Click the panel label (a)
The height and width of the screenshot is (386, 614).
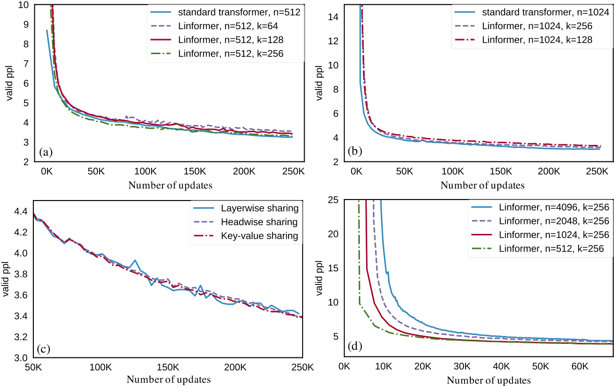pos(46,152)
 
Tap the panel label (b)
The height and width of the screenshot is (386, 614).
pos(356,152)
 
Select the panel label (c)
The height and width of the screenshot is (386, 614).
pos(43,348)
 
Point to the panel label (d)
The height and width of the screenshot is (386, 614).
pos(354,345)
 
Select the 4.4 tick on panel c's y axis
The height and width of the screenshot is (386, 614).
pos(19,211)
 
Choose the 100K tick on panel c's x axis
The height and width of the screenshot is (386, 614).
pos(100,367)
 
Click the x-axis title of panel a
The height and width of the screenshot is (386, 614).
pos(170,185)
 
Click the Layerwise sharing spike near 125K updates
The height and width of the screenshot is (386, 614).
pos(135,260)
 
